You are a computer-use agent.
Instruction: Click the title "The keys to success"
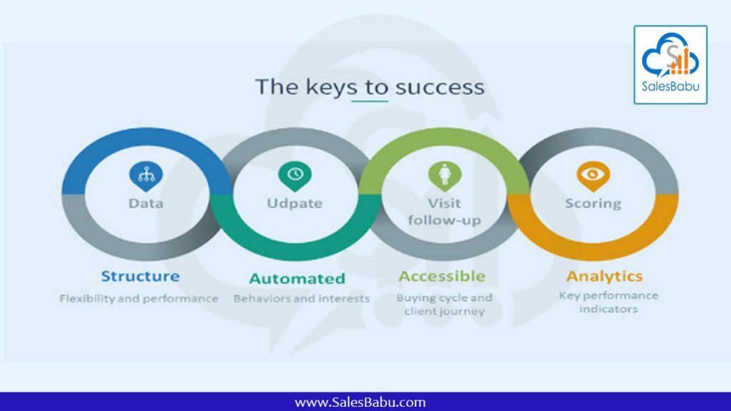tap(370, 86)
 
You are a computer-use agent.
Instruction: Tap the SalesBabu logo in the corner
tap(670, 65)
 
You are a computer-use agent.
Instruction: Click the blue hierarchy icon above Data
tap(146, 176)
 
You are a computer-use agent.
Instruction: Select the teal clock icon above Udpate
tap(295, 176)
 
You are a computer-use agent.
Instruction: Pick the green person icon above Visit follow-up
tap(445, 176)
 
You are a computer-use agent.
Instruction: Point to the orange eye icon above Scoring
tap(593, 176)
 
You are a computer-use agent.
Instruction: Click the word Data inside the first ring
tap(146, 203)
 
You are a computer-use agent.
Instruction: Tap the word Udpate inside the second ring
tap(295, 203)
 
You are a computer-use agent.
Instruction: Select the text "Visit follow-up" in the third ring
tap(444, 211)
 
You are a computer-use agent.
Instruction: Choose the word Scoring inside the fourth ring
tap(593, 203)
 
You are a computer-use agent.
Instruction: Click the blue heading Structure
tap(141, 276)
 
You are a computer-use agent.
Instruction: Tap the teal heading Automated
tap(298, 278)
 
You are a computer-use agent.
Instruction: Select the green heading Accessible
tap(442, 276)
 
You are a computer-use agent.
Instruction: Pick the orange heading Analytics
tap(605, 276)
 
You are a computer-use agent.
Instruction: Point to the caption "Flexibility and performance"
tap(139, 298)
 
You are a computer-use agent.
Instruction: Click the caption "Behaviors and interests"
tap(302, 298)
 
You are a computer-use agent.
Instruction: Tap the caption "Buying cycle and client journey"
tap(444, 304)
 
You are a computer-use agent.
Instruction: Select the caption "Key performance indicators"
tap(609, 302)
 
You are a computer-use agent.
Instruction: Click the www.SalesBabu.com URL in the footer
tap(361, 402)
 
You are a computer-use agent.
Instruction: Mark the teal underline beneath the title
tap(370, 101)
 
